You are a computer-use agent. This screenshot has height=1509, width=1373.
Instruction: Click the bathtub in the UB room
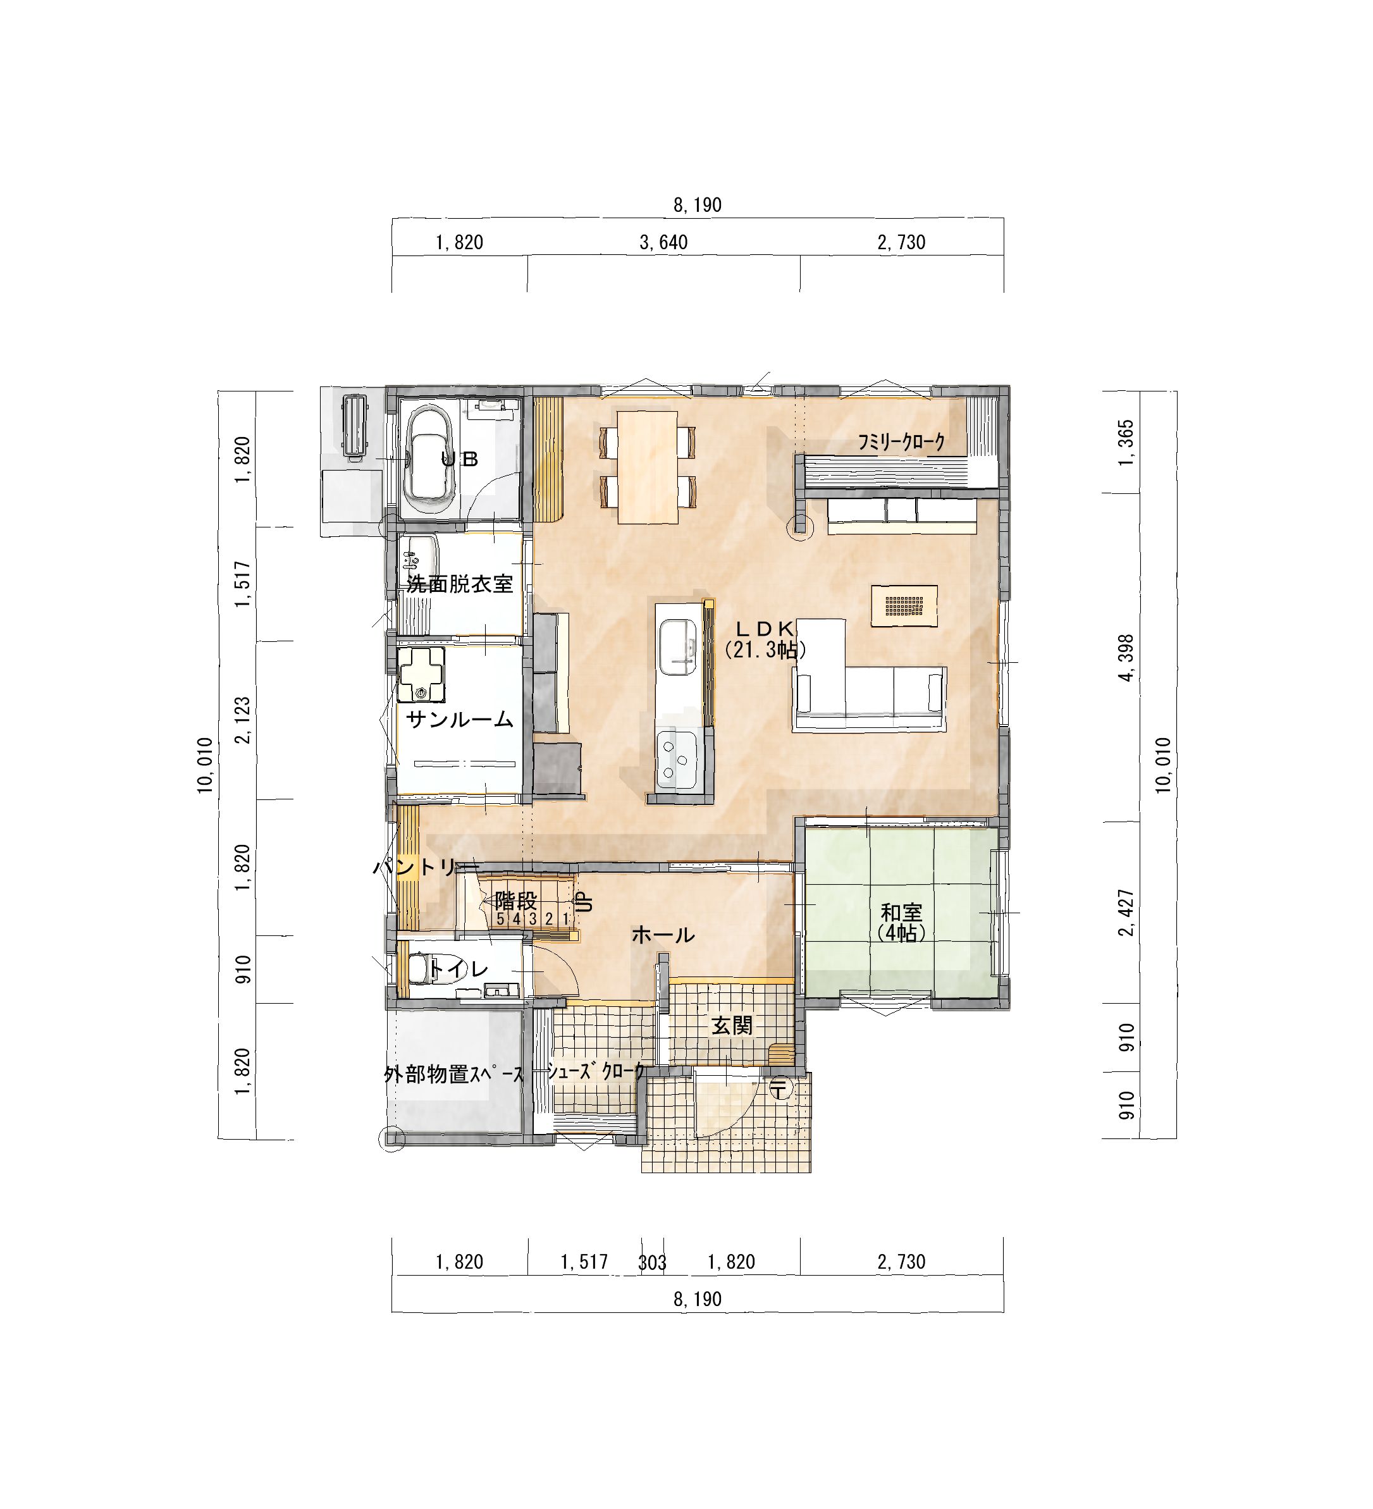pyautogui.click(x=429, y=462)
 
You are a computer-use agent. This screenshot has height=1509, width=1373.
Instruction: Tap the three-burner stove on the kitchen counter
pyautogui.click(x=677, y=760)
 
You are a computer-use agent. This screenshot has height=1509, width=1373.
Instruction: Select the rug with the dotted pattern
pyautogui.click(x=904, y=605)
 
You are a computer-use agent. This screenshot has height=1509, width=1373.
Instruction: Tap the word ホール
pyautogui.click(x=663, y=935)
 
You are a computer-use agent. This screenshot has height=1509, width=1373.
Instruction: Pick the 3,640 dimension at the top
pyautogui.click(x=663, y=242)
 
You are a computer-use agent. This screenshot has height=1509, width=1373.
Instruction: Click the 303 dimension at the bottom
pyautogui.click(x=652, y=1263)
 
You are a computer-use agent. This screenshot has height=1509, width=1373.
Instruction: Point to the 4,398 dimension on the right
pyautogui.click(x=1126, y=658)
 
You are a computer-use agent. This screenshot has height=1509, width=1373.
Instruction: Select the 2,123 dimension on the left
pyautogui.click(x=243, y=721)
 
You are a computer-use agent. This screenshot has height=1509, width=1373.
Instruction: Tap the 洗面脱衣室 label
pyautogui.click(x=460, y=584)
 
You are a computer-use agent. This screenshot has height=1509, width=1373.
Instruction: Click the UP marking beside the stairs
pyautogui.click(x=585, y=901)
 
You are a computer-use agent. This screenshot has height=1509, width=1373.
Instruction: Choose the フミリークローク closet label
pyautogui.click(x=901, y=442)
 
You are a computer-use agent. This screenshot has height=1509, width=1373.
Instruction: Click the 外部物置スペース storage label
pyautogui.click(x=455, y=1075)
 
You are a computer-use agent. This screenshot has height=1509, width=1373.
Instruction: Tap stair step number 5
pyautogui.click(x=501, y=918)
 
